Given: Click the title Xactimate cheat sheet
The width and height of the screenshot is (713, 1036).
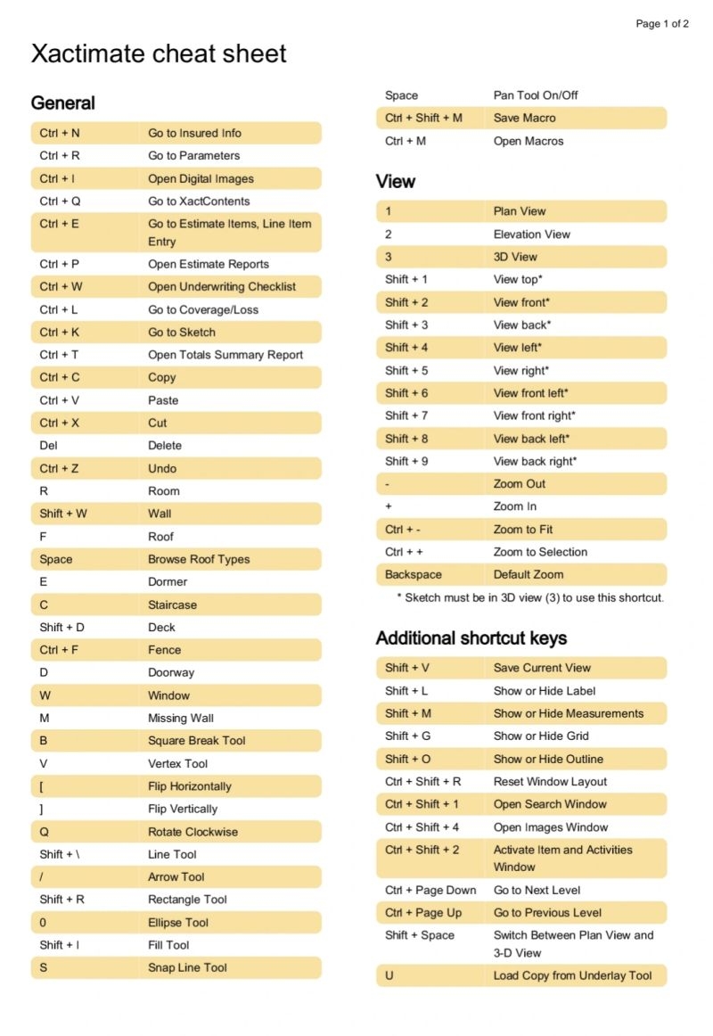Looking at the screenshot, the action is (x=159, y=53).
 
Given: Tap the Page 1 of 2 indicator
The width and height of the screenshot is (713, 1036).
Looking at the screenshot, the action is (x=661, y=24).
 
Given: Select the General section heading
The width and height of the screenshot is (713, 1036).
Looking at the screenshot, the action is (x=62, y=103).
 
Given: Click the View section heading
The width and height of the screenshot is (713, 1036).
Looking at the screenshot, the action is (x=396, y=182).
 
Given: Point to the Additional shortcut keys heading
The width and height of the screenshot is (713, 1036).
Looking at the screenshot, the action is (x=471, y=638).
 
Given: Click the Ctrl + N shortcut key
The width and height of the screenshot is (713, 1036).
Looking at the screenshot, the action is (x=60, y=133).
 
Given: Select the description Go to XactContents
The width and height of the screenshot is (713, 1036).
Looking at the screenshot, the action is (x=199, y=201).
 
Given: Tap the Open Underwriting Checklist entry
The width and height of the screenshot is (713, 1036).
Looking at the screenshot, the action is (x=222, y=287).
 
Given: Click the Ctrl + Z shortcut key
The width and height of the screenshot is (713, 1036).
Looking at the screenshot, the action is (x=59, y=468).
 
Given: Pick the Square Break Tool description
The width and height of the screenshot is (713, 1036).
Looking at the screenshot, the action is (x=197, y=741).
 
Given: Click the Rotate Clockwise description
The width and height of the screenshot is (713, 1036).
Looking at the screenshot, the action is (x=193, y=832).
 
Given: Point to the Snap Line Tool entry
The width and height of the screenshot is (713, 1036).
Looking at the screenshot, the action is (x=187, y=967).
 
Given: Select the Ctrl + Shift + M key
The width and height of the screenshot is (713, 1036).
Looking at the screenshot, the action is (x=423, y=118).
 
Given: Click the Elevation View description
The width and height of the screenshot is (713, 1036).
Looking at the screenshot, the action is (x=532, y=234).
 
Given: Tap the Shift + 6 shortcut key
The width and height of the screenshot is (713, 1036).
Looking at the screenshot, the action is (x=406, y=393).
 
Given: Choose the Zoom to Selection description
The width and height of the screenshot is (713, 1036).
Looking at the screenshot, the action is (x=540, y=552).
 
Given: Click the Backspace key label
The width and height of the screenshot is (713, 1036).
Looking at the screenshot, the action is (x=414, y=575).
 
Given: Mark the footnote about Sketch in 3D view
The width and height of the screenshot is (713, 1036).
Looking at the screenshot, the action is (x=529, y=597).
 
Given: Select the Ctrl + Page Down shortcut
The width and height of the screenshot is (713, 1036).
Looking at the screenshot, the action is (x=430, y=890).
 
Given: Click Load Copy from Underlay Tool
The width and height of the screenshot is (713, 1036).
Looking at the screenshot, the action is (x=573, y=975).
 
